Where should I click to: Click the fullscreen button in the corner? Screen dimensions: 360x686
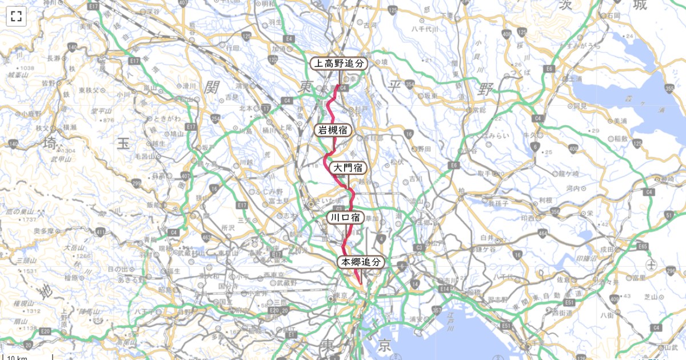coord(16,16)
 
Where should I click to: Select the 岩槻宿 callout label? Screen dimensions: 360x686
coord(334,130)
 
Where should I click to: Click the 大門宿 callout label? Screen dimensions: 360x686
coord(348,168)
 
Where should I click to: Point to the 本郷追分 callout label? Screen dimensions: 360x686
coord(361,262)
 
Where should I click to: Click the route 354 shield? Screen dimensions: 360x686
coord(410,85)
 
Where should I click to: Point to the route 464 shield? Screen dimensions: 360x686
coord(526,234)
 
